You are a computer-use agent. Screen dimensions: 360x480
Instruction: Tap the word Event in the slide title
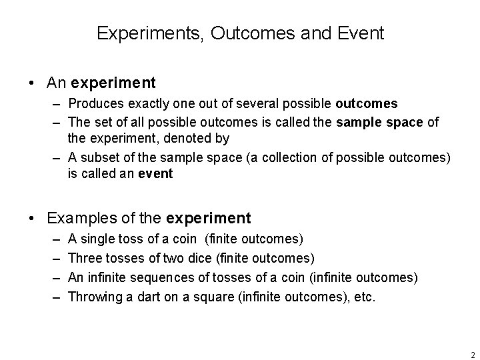coord(362,33)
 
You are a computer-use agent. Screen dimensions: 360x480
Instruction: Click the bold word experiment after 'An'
coord(113,83)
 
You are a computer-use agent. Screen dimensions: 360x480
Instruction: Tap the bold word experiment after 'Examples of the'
coord(209,218)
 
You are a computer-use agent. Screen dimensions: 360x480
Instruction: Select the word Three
coord(85,258)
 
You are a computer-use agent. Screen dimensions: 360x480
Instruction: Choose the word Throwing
coord(94,296)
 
